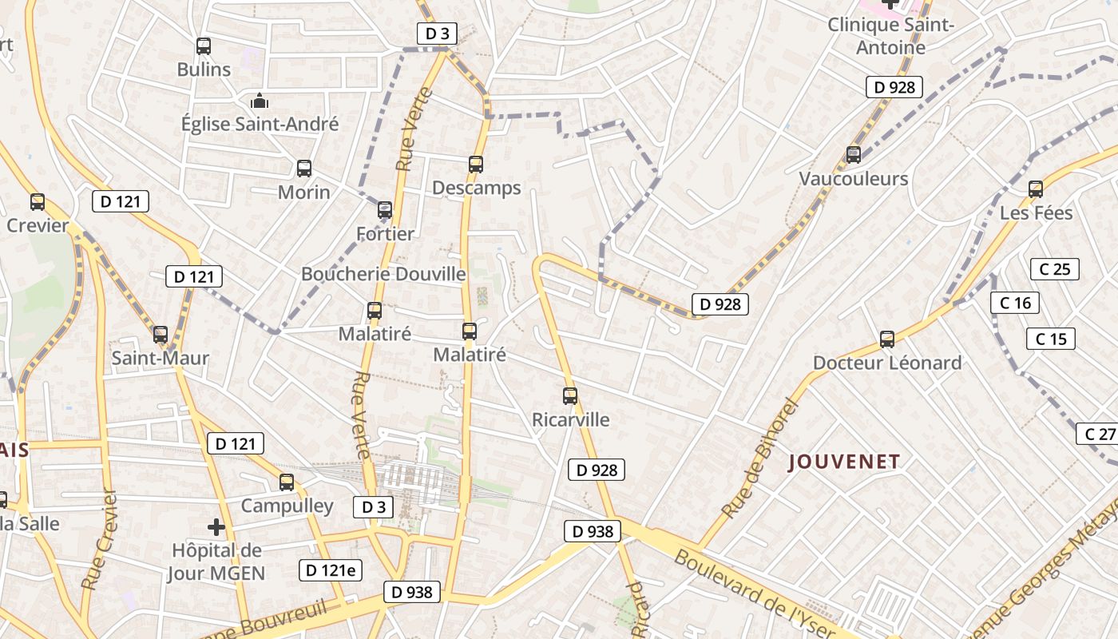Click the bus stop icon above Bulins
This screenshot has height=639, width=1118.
point(204,46)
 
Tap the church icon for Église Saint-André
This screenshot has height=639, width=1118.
point(260,101)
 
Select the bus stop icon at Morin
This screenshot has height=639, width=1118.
point(304,169)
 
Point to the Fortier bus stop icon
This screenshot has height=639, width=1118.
point(385,210)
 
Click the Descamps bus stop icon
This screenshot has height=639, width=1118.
point(476,165)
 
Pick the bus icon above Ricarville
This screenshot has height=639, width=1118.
point(570,395)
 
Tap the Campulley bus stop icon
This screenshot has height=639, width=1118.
point(287,482)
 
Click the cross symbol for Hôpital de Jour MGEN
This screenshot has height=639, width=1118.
point(216,527)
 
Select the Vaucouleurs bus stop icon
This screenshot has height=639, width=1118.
point(854,154)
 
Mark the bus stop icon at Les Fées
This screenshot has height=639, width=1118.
point(1036,189)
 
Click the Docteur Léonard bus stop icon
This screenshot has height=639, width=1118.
point(887,339)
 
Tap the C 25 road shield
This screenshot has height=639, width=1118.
point(1054,269)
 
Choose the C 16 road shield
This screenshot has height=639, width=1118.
point(1015,303)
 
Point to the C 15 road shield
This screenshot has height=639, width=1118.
point(1051,339)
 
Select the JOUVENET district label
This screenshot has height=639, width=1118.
point(845,462)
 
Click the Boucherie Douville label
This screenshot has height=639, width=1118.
point(383,274)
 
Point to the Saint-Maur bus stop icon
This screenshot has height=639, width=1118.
point(161,335)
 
